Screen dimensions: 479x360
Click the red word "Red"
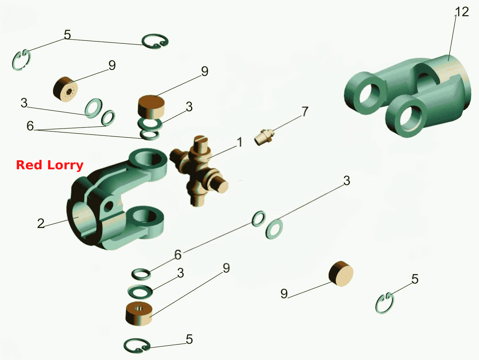[x=29, y=165]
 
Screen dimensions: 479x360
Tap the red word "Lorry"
[x=65, y=166]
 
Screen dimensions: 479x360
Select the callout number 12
[x=462, y=12]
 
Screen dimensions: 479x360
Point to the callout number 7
[x=305, y=111]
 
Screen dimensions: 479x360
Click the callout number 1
[x=240, y=142]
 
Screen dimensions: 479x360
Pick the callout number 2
[x=41, y=223]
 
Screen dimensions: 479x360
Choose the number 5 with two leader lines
[x=67, y=34]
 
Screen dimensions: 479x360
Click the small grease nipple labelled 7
[x=264, y=137]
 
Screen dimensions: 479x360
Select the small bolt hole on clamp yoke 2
[x=109, y=205]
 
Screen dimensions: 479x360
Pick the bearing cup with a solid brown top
[x=151, y=107]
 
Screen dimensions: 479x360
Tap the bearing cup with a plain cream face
[x=341, y=273]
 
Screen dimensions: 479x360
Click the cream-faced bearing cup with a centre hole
[x=65, y=89]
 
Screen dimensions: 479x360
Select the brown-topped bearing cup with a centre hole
[x=139, y=313]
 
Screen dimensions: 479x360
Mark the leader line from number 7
[x=287, y=123]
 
